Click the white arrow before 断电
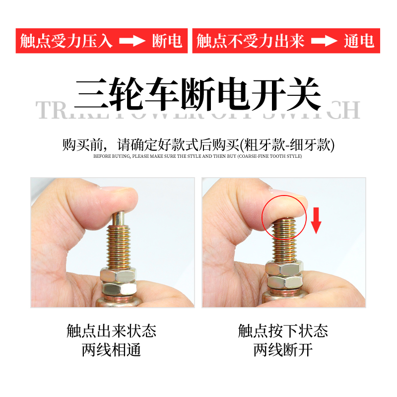pyautogui.click(x=132, y=41)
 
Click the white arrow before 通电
pyautogui.click(x=324, y=41)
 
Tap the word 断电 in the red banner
pyautogui.click(x=167, y=41)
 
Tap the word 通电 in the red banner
pyautogui.click(x=359, y=41)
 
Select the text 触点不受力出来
pyautogui.click(x=251, y=41)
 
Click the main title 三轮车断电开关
pyautogui.click(x=198, y=94)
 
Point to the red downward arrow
pyautogui.click(x=316, y=221)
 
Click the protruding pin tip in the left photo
pyautogui.click(x=120, y=219)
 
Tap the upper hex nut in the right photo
pyautogui.click(x=283, y=268)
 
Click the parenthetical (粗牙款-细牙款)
pyautogui.click(x=287, y=145)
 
